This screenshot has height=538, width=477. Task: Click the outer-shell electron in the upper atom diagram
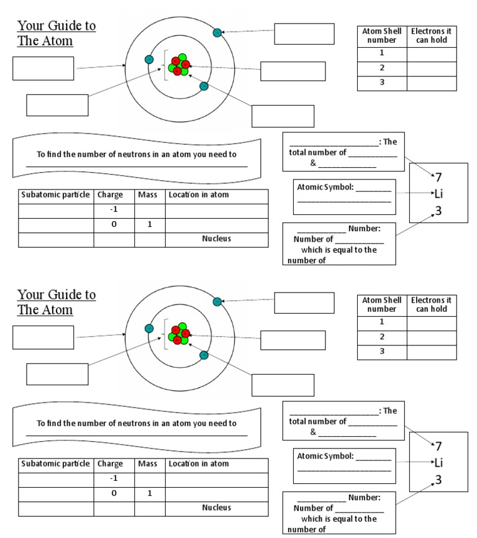pyautogui.click(x=217, y=32)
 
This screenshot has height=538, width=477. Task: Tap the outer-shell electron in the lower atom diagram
pyautogui.click(x=217, y=302)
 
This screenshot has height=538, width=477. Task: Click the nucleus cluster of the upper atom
pyautogui.click(x=178, y=65)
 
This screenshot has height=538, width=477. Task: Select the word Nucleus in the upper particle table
pyautogui.click(x=216, y=239)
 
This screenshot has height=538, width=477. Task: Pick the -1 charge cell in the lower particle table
pyautogui.click(x=114, y=478)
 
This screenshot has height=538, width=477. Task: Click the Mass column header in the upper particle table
pyautogui.click(x=148, y=194)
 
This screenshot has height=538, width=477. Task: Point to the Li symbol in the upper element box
pyautogui.click(x=438, y=194)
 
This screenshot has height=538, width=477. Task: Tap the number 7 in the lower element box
pyautogui.click(x=438, y=446)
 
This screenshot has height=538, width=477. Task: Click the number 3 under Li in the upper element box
pyautogui.click(x=438, y=211)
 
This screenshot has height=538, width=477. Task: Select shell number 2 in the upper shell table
pyautogui.click(x=382, y=68)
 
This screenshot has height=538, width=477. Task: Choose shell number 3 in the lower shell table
pyautogui.click(x=382, y=352)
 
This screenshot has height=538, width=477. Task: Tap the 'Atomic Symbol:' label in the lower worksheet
pyautogui.click(x=323, y=456)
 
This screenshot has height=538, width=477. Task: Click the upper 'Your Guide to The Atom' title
pyautogui.click(x=56, y=34)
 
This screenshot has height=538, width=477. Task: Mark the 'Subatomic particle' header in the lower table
pyautogui.click(x=55, y=463)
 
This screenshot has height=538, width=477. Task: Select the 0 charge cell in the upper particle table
pyautogui.click(x=114, y=224)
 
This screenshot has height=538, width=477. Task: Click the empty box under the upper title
pyautogui.click(x=43, y=68)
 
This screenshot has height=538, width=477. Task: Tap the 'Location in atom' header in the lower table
pyautogui.click(x=199, y=463)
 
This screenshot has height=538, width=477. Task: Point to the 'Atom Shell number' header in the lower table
pyautogui.click(x=382, y=304)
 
